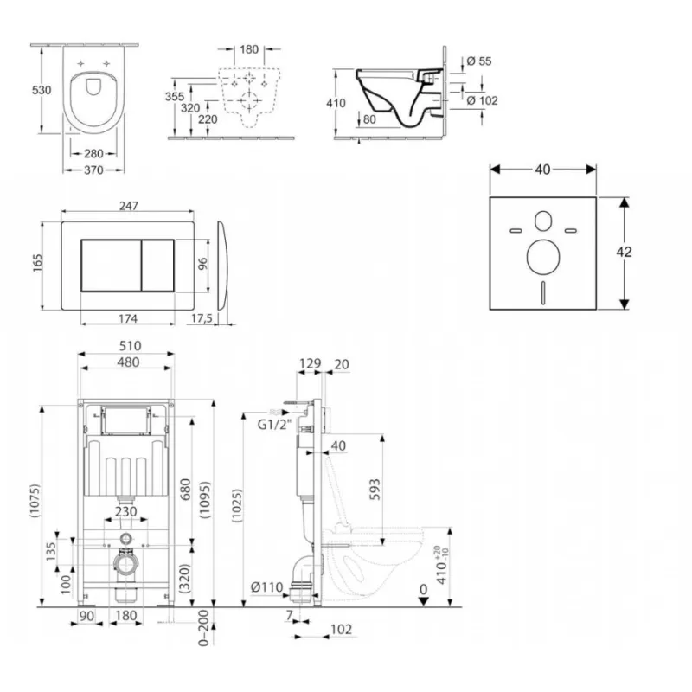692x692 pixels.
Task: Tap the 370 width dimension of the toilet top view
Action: click(93, 170)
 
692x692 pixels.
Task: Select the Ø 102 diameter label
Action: click(483, 100)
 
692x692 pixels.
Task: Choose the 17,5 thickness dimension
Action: click(201, 318)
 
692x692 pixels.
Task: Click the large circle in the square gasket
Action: click(542, 257)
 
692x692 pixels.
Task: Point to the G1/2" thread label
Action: click(273, 425)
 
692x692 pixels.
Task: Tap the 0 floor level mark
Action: click(423, 590)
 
